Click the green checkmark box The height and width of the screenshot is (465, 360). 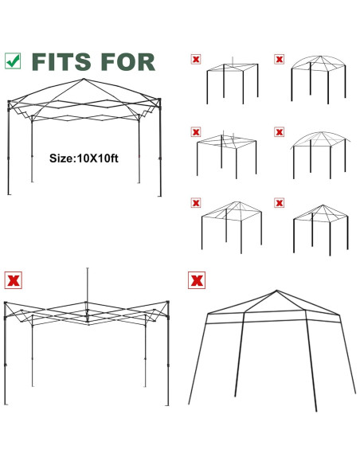click(x=13, y=61)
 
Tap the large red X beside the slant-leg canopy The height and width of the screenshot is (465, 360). click(x=195, y=280)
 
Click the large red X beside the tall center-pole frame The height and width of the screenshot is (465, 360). click(x=13, y=280)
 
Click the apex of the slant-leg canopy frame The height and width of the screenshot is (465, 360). click(x=276, y=291)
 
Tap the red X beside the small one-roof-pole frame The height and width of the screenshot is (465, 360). click(x=195, y=59)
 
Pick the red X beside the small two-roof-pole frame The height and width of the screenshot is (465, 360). click(x=195, y=131)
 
